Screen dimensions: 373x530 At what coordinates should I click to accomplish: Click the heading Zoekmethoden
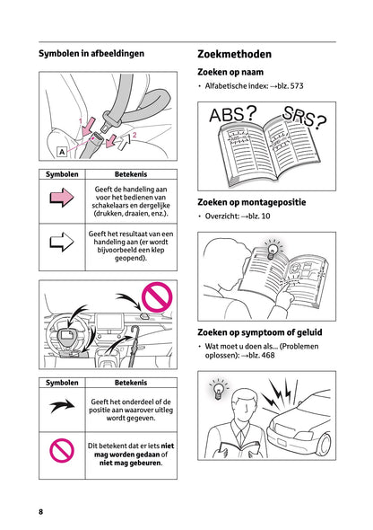click(x=234, y=54)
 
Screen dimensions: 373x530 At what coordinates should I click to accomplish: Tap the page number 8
click(x=41, y=511)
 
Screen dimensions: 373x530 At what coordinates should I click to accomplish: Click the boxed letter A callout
click(x=62, y=152)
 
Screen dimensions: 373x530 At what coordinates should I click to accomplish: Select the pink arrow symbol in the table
click(x=62, y=198)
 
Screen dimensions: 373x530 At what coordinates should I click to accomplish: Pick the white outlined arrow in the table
click(x=62, y=242)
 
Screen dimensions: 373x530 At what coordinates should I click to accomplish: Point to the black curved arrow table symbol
click(x=62, y=405)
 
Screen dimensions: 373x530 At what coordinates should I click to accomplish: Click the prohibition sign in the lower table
click(x=62, y=451)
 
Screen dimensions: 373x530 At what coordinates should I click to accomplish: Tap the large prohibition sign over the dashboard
click(x=157, y=297)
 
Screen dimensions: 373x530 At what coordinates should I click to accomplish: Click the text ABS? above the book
click(x=233, y=114)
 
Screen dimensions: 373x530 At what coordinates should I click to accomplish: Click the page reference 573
click(x=297, y=86)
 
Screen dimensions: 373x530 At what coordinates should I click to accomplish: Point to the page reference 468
click(x=268, y=355)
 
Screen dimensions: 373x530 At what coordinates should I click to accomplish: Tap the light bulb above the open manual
click(x=272, y=250)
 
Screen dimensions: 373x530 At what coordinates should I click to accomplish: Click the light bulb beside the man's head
click(x=219, y=389)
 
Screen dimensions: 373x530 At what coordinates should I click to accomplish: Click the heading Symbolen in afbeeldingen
click(x=91, y=53)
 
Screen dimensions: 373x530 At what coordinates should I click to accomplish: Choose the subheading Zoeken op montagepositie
click(x=252, y=202)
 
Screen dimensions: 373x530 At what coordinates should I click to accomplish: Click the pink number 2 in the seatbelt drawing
click(x=134, y=135)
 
